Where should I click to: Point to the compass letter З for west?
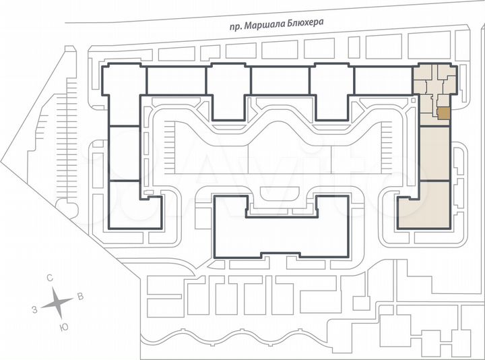(34, 309)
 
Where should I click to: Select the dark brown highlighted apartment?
(443, 113)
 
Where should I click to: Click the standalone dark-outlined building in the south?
(281, 229)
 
